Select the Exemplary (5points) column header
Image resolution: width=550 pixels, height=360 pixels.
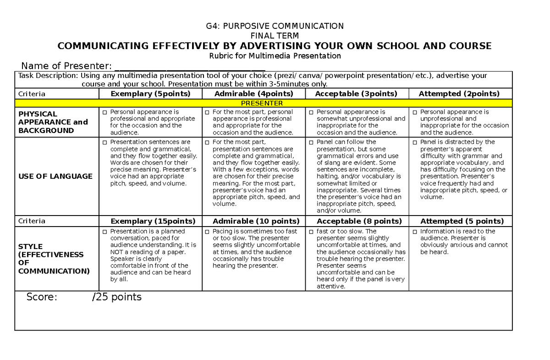[x=150, y=94]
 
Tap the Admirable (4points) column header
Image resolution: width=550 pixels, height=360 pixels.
[x=253, y=94]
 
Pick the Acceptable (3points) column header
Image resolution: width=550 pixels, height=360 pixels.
[x=356, y=94]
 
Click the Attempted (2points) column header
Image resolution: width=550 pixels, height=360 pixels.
[x=459, y=94]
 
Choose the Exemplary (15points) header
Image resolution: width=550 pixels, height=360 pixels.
[x=150, y=221]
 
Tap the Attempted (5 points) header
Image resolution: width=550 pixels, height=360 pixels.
[x=462, y=221]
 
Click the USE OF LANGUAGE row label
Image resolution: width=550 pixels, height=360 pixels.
[x=55, y=176]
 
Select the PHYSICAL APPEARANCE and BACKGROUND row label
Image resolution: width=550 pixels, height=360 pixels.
[x=53, y=122]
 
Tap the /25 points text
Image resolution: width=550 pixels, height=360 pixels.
[x=117, y=297]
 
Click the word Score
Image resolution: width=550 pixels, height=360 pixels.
[x=42, y=297]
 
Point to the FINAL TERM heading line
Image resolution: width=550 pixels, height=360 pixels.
[x=275, y=36]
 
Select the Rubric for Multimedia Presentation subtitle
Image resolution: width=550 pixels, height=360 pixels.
[x=275, y=56]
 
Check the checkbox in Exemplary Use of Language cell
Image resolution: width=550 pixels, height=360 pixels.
[x=105, y=143]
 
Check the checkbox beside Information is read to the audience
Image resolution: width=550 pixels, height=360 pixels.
[x=415, y=232]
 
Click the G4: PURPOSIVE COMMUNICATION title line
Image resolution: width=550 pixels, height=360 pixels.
[x=275, y=26]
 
